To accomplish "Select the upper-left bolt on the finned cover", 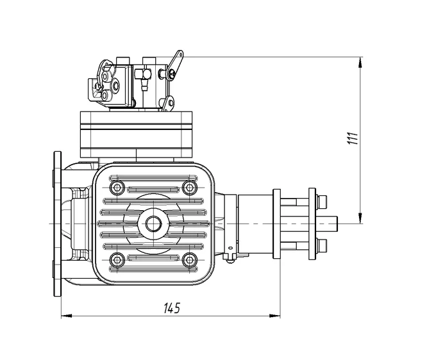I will coord(117,187).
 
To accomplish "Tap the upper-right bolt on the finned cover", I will coord(189,187).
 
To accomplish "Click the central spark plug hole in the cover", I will coord(153,223).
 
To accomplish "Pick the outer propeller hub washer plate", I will coord(312,223).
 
